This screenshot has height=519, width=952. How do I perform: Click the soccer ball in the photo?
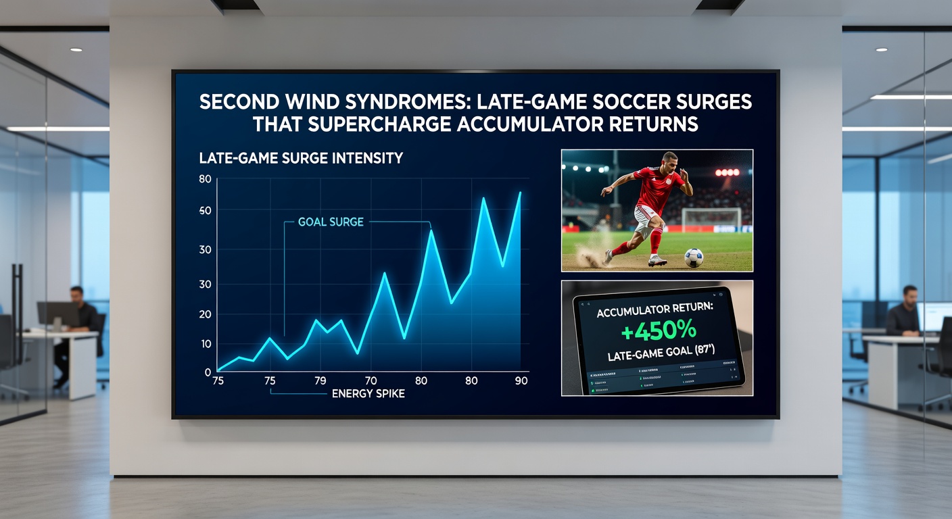(x=693, y=257)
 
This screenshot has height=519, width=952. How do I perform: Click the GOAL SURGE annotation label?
(x=331, y=222)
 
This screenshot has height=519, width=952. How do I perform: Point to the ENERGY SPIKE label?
(x=368, y=393)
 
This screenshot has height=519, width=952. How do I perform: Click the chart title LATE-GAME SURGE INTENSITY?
(x=301, y=159)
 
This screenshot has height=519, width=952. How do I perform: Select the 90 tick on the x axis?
(x=521, y=381)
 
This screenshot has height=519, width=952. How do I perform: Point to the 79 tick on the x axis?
(x=320, y=381)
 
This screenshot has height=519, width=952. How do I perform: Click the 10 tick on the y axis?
(x=206, y=344)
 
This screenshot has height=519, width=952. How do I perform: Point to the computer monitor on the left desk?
(x=58, y=314)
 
